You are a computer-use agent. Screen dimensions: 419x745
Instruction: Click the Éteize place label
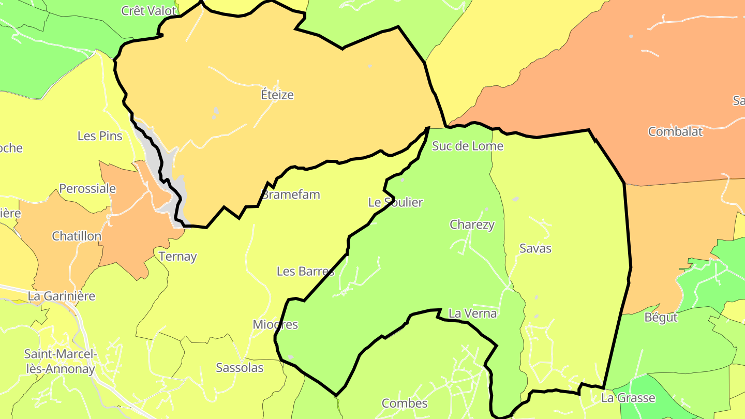pos(277,95)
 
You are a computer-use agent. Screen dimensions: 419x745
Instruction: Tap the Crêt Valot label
pos(148,10)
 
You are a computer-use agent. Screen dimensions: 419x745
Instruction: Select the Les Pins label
pos(100,136)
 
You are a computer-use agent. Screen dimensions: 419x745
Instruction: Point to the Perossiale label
pos(87,188)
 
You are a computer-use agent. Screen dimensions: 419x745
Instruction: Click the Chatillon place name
pos(77,236)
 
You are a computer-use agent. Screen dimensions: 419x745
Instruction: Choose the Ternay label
pos(178,256)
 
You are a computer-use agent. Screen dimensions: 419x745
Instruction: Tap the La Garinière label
pos(62,296)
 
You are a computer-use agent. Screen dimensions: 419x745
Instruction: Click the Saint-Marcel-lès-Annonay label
pos(60,362)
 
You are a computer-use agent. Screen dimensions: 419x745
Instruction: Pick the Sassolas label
pos(240,368)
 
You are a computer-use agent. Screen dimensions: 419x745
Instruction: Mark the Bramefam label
pos(291,194)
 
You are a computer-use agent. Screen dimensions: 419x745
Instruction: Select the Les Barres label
pos(306,271)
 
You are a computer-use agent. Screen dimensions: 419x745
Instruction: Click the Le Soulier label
pos(396,202)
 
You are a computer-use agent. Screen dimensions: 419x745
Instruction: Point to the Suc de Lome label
pos(468,146)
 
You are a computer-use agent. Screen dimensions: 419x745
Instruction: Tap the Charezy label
pos(472,225)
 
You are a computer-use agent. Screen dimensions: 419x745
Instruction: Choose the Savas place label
pos(535,248)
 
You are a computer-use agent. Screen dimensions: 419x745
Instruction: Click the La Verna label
pos(473,313)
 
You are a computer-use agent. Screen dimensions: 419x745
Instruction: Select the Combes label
pos(405,403)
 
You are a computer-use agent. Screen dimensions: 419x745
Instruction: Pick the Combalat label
pos(675,131)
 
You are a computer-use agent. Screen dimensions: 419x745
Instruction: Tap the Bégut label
pos(661,317)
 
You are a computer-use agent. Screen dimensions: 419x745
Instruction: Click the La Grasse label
pos(628,398)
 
